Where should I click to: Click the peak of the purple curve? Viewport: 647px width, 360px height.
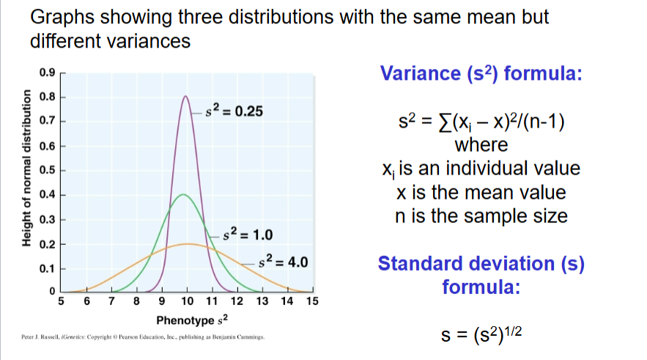[x=186, y=96]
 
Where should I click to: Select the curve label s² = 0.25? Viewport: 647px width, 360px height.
[x=233, y=112]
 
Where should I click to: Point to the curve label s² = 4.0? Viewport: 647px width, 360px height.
[x=286, y=262]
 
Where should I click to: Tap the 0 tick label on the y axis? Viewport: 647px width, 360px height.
[x=51, y=293]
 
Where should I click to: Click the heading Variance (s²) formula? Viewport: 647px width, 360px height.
[x=480, y=73]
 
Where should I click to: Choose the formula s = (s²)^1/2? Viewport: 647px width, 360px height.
[x=481, y=337]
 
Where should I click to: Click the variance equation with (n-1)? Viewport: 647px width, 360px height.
[x=480, y=120]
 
